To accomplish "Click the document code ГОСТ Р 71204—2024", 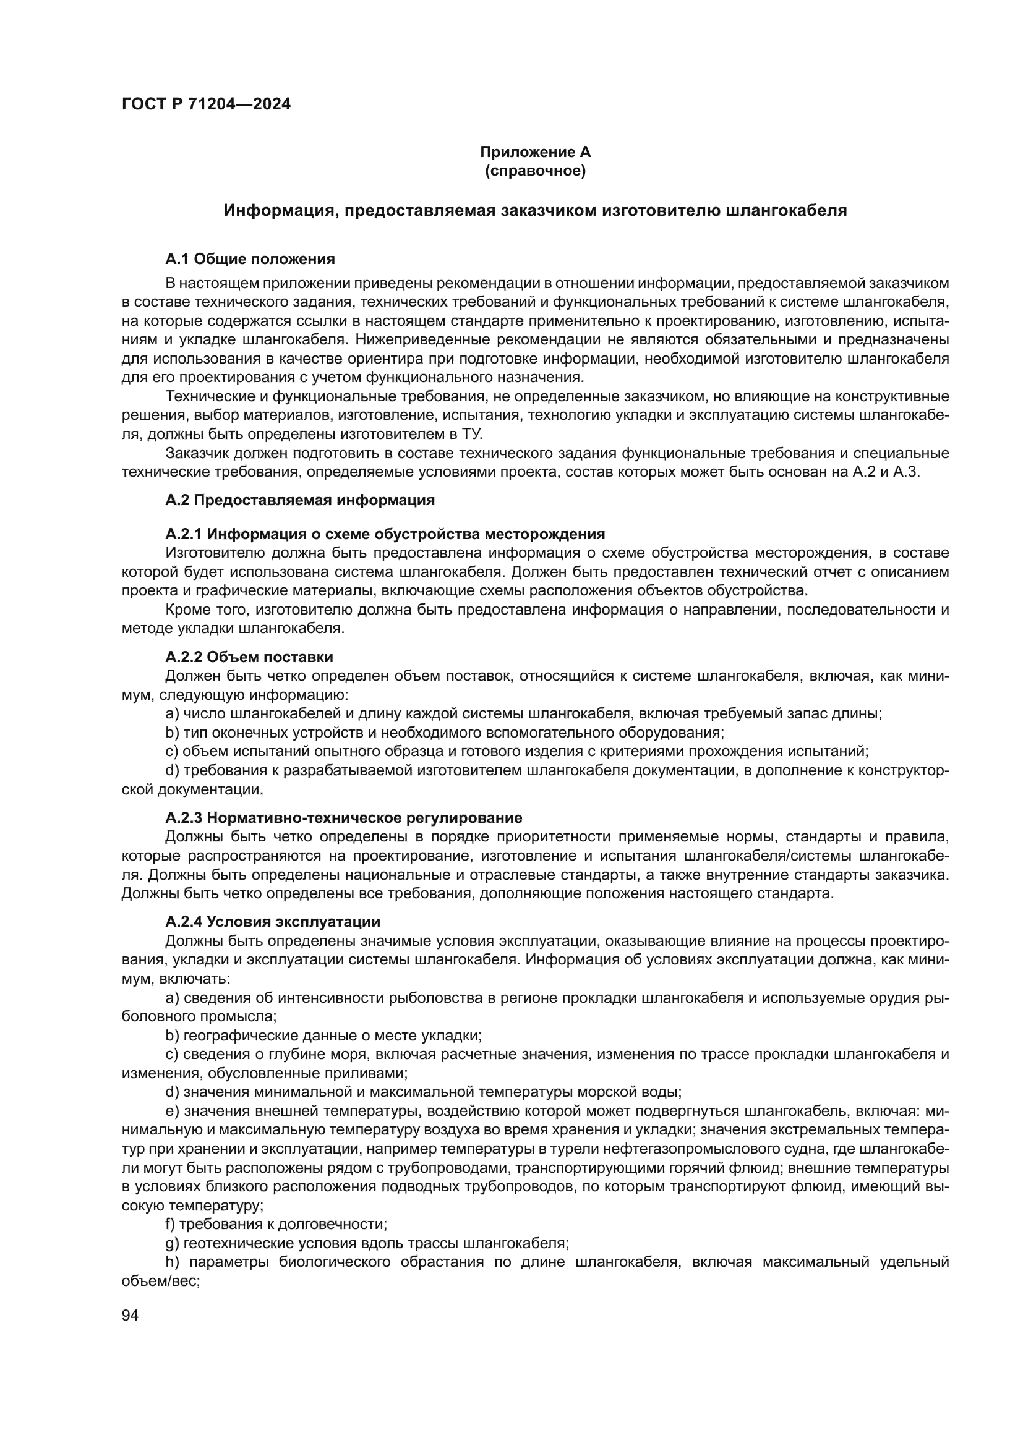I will [x=206, y=104].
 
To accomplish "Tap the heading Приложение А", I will [x=535, y=152].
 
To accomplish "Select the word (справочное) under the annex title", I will [x=535, y=171].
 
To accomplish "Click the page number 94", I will [x=130, y=1315].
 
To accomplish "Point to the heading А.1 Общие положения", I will [x=250, y=259].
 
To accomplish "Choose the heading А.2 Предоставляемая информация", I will [x=300, y=500].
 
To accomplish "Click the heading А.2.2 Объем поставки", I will [x=249, y=657].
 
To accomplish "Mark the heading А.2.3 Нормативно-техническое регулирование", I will [x=343, y=818].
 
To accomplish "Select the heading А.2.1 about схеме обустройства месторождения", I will [x=385, y=534].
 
